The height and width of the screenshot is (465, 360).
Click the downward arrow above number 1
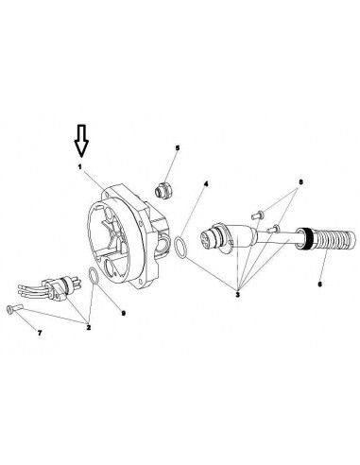tap(81, 141)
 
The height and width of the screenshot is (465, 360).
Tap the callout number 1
tap(80, 166)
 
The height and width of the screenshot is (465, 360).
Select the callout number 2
tap(89, 327)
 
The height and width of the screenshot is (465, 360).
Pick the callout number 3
tap(237, 295)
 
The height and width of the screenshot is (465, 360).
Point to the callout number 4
tap(206, 183)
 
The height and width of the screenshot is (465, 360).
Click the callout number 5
tap(178, 147)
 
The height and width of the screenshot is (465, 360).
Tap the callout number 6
tap(320, 284)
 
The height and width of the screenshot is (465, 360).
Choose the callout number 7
tap(40, 333)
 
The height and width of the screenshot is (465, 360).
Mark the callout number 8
tap(300, 182)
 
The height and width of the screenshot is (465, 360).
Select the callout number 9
tap(124, 313)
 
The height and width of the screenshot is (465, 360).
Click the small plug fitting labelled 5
tap(163, 191)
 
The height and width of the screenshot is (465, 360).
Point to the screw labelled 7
tap(14, 309)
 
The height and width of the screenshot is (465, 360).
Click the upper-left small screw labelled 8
tap(258, 215)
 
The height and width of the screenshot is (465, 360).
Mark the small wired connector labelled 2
tap(49, 288)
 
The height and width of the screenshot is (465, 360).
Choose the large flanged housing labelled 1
tap(128, 235)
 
